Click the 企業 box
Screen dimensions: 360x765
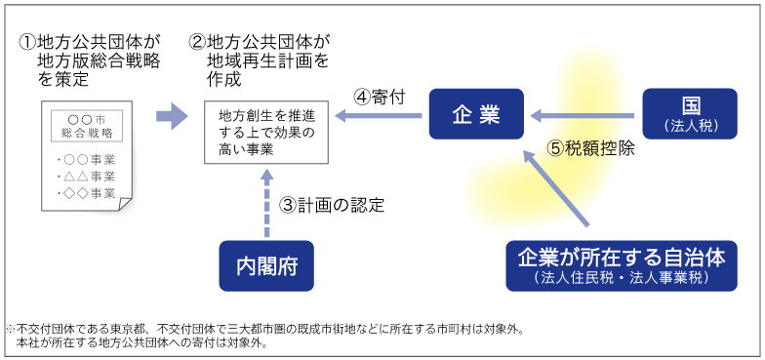476,115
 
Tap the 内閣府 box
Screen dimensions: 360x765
266,265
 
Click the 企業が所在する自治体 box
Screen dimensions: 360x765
621,265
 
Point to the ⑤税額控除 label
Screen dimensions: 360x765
591,149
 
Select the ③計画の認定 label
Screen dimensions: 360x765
332,205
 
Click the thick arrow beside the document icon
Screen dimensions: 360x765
172,117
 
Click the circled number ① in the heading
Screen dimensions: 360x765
26,43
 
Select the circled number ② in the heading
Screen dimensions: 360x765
197,43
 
